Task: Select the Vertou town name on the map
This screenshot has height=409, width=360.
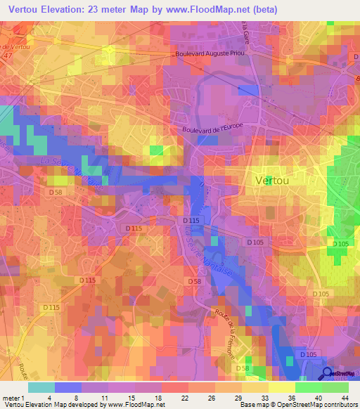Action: click(276, 180)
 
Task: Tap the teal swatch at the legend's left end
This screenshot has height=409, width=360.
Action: click(41, 387)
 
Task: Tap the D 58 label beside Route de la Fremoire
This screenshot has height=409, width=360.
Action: click(243, 368)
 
